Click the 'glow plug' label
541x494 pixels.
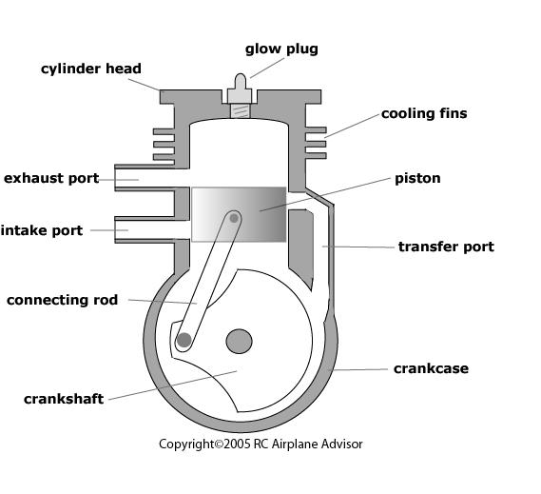point(281,49)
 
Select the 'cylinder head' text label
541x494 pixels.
point(91,69)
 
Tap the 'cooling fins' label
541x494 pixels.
point(424,113)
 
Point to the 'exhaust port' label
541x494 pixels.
point(51,178)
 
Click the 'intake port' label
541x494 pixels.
point(42,229)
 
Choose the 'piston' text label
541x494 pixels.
point(417,178)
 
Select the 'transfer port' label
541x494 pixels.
point(446,247)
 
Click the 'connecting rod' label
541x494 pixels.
point(63,300)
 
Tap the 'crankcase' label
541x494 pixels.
point(431,368)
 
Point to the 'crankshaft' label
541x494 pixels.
point(64,399)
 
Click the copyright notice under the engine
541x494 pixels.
point(261,444)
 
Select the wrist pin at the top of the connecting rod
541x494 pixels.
point(234,218)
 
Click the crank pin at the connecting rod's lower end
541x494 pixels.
point(184,339)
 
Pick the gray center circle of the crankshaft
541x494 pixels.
point(239,341)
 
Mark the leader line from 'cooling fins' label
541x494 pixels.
point(352,125)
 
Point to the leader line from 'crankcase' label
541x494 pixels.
point(361,369)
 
